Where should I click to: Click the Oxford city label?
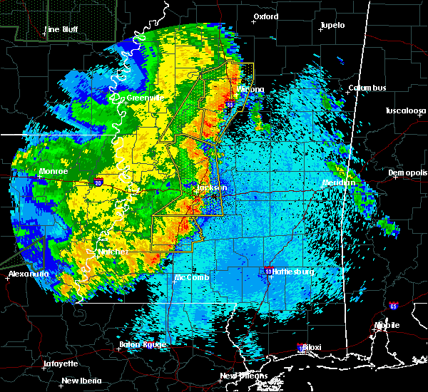pyautogui.click(x=266, y=16)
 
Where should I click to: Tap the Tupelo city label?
pyautogui.click(x=332, y=25)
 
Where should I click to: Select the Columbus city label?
pyautogui.click(x=367, y=88)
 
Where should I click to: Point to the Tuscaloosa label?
pyautogui.click(x=405, y=110)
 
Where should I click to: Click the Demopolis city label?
pyautogui.click(x=407, y=172)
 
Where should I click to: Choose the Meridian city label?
pyautogui.click(x=338, y=182)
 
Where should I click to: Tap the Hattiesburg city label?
pyautogui.click(x=293, y=272)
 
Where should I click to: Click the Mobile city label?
pyautogui.click(x=389, y=325)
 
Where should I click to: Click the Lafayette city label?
pyautogui.click(x=61, y=363)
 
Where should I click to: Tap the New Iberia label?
pyautogui.click(x=80, y=380)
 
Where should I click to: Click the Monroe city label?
pyautogui.click(x=53, y=172)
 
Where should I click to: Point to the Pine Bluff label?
pyautogui.click(x=61, y=29)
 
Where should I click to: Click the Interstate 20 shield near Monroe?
pyautogui.click(x=98, y=182)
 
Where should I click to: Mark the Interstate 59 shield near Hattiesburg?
pyautogui.click(x=268, y=272)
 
